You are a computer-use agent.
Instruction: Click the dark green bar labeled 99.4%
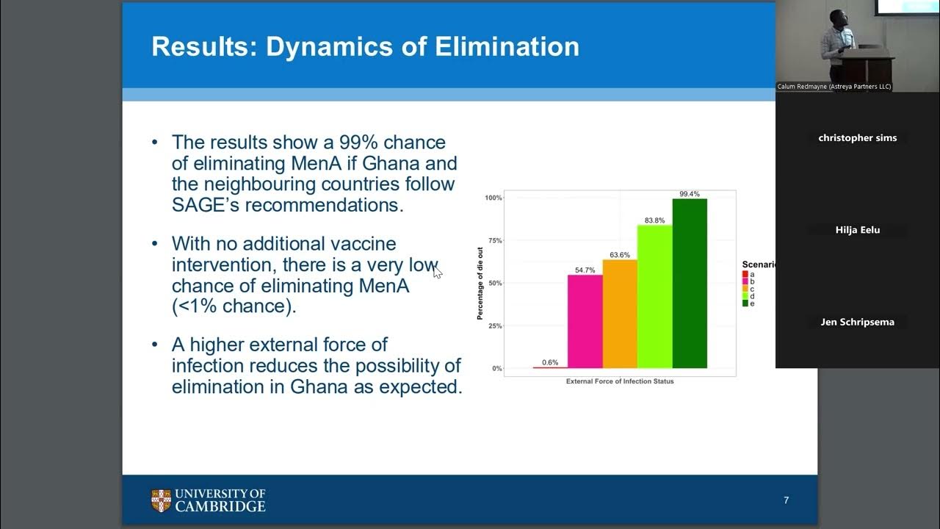coord(690,283)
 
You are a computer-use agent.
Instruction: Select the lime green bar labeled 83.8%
coord(655,296)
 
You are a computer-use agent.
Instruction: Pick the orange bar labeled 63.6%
coord(620,314)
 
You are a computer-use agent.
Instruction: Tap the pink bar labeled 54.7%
coord(585,321)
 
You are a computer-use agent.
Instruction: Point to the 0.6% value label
coord(550,362)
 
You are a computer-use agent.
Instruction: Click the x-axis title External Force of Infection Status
coord(620,381)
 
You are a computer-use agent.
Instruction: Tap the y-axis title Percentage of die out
coord(480,283)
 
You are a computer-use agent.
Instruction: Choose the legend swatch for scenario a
coord(745,274)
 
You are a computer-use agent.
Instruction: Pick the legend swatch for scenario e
coord(745,303)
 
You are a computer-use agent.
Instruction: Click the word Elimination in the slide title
coord(507,46)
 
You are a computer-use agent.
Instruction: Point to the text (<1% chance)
coord(234,306)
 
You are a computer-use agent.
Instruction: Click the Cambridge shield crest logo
coord(161,500)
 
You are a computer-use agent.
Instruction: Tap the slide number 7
coord(786,500)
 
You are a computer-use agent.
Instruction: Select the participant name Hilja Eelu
coord(857,230)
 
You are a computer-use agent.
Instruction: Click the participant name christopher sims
coord(857,138)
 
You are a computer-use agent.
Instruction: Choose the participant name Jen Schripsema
coord(857,322)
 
